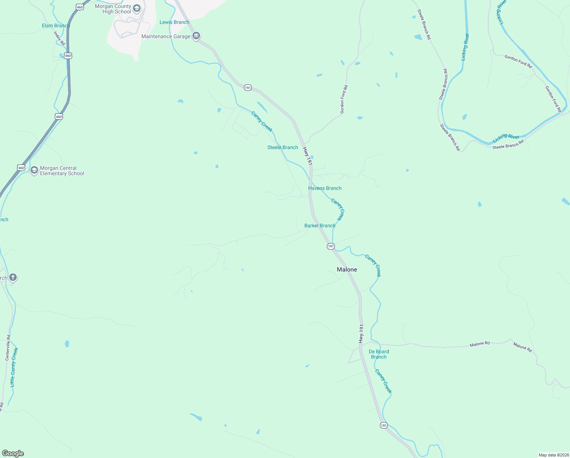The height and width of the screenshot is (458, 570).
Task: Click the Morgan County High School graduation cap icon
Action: pyautogui.click(x=137, y=9)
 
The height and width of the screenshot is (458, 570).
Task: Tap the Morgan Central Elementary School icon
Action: pyautogui.click(x=34, y=170)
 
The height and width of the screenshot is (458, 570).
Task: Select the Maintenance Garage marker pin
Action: pyautogui.click(x=196, y=36)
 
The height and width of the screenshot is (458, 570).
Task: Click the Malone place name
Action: pyautogui.click(x=347, y=269)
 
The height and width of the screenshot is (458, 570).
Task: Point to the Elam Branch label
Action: pyautogui.click(x=56, y=26)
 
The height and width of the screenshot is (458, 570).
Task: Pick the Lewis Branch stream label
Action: pyautogui.click(x=174, y=22)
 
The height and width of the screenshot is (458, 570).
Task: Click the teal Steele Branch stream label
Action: pyautogui.click(x=282, y=147)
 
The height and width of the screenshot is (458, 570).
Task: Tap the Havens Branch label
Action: pyautogui.click(x=325, y=188)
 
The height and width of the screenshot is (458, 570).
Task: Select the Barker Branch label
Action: pyautogui.click(x=320, y=226)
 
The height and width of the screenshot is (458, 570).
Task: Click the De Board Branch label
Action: pyautogui.click(x=379, y=354)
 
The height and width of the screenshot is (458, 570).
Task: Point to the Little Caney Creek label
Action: pyautogui.click(x=14, y=367)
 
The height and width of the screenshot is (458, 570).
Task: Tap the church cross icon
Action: pyautogui.click(x=13, y=277)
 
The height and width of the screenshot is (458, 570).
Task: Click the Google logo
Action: pyautogui.click(x=13, y=453)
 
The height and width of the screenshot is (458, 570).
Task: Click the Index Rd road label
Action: pyautogui.click(x=59, y=38)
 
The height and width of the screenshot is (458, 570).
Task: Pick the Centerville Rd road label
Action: pyautogui.click(x=8, y=348)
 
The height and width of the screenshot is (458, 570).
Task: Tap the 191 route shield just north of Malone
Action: pyautogui.click(x=331, y=247)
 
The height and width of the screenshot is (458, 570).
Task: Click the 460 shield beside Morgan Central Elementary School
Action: pyautogui.click(x=21, y=168)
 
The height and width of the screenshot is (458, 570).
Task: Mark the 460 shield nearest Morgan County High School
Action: pyautogui.click(x=80, y=7)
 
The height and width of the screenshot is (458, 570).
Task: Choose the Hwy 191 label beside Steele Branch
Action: pyautogui.click(x=307, y=156)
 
